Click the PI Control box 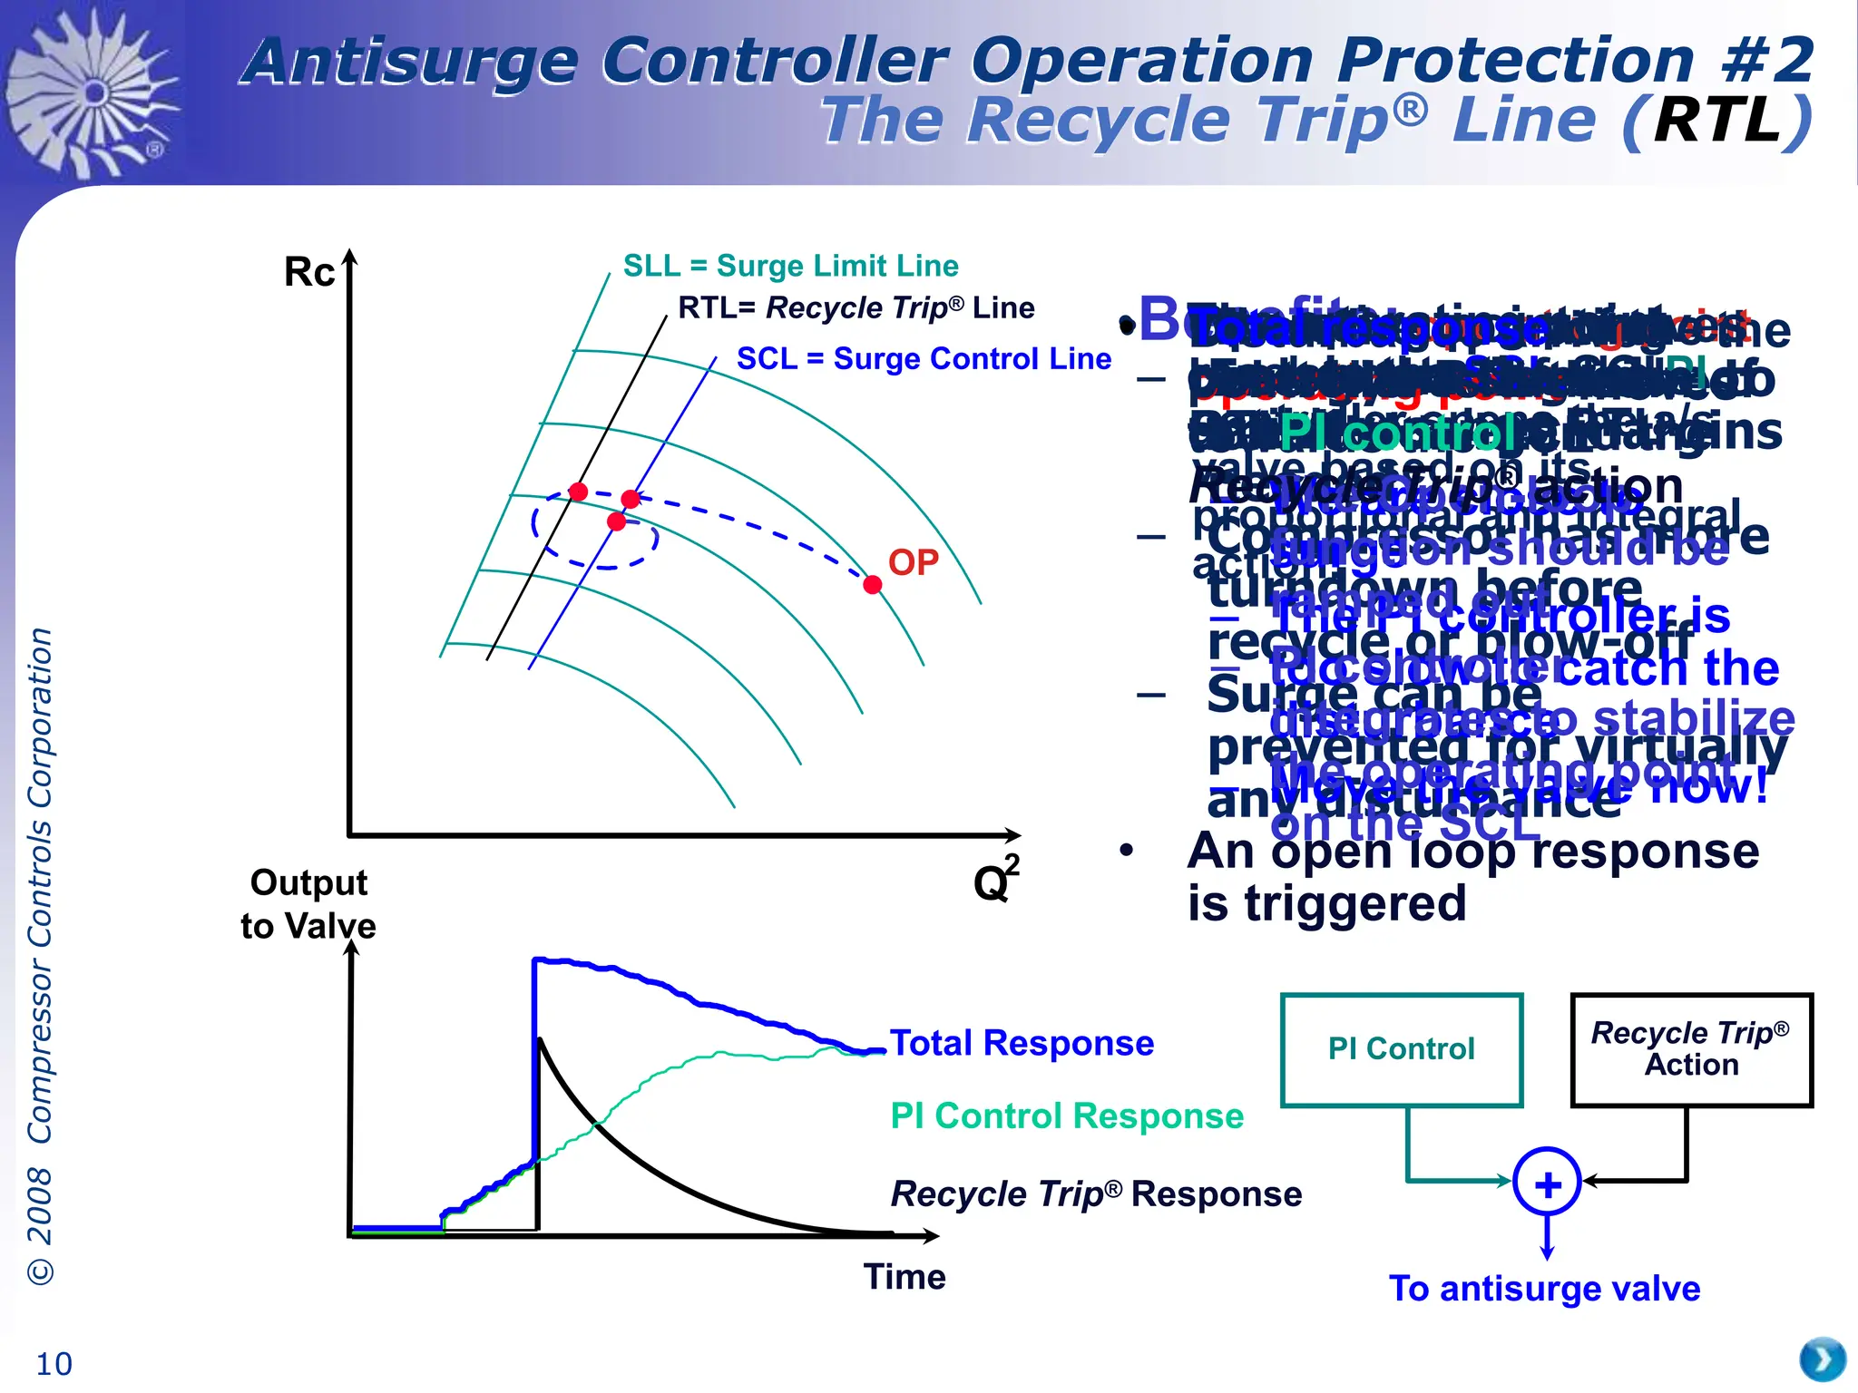[1401, 1049]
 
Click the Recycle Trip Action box [1691, 1049]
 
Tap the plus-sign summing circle [1547, 1184]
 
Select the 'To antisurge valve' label [1544, 1289]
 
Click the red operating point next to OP [873, 585]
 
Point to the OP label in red [913, 562]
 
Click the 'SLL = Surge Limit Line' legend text [790, 266]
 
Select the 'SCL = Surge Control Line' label [924, 359]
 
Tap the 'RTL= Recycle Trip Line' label [856, 308]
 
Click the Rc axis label [309, 272]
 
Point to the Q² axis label [995, 880]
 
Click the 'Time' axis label [905, 1277]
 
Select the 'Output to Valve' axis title [308, 904]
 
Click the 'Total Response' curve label [1022, 1043]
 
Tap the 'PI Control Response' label [1067, 1115]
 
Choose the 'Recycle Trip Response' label [1096, 1194]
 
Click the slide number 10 [54, 1364]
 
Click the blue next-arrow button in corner [1822, 1360]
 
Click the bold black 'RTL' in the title [1717, 121]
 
